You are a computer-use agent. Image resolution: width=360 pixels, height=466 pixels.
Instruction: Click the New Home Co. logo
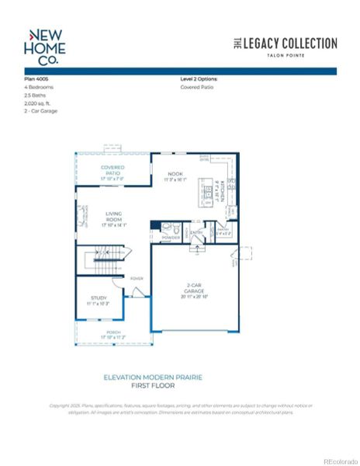[x=46, y=47]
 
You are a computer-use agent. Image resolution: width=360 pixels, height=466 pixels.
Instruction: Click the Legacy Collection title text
[x=285, y=43]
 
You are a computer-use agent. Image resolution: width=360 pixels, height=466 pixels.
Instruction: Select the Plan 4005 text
[x=38, y=79]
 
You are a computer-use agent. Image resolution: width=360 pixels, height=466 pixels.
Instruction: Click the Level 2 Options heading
[x=199, y=79]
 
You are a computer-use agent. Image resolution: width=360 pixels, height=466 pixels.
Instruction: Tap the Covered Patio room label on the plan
[x=112, y=170]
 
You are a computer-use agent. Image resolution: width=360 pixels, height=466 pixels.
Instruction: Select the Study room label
[x=98, y=300]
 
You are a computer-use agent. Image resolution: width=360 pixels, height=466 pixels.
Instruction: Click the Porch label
[x=113, y=335]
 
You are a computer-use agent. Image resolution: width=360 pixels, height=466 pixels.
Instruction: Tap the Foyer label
[x=137, y=278]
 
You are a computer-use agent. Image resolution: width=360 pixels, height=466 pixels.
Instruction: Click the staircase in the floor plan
[x=101, y=256]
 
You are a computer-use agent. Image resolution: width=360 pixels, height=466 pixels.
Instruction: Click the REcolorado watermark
[x=341, y=459]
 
